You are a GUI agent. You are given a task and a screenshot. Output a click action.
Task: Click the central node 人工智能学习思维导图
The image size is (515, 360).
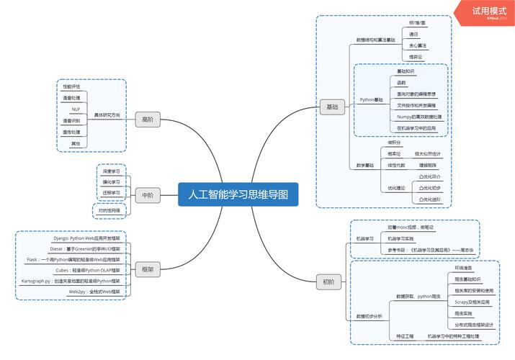tap(238, 194)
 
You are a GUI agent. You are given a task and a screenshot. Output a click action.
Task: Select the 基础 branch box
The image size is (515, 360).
tap(331, 107)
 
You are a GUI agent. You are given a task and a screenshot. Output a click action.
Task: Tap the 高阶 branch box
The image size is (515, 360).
tap(148, 120)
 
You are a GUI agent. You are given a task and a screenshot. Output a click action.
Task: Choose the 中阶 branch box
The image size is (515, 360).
tap(147, 195)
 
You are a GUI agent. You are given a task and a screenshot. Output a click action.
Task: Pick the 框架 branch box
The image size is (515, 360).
tap(147, 270)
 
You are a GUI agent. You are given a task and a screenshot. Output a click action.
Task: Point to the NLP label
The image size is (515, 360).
tap(75, 109)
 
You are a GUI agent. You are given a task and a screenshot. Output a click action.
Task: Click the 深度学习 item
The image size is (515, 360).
tap(111, 172)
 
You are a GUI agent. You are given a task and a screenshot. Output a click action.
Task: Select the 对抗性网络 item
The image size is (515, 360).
tap(109, 211)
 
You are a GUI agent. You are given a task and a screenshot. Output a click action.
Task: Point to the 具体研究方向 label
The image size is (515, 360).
tap(107, 114)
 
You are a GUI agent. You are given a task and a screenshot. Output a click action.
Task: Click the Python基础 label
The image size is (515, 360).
tap(372, 99)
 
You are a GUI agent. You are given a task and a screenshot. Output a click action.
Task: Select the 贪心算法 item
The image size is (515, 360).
tap(418, 45)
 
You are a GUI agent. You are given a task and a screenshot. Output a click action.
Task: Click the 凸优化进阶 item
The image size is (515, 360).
tap(430, 199)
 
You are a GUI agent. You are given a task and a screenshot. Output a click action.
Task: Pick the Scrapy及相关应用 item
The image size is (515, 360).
tap(472, 302)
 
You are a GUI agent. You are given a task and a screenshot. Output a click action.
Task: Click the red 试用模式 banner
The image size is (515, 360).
tap(489, 12)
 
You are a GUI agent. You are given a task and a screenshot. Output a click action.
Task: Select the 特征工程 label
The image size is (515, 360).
tap(405, 336)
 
